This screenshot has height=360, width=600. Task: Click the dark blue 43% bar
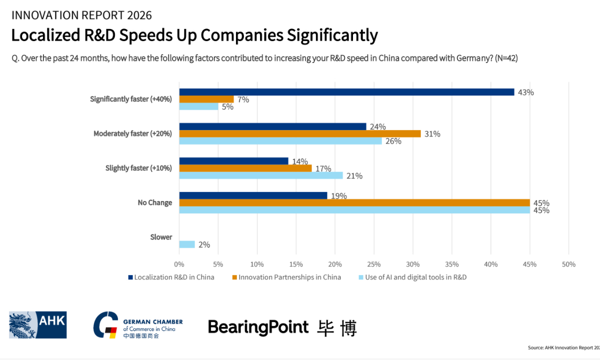(x=346, y=92)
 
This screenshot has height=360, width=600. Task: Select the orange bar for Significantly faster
(x=206, y=99)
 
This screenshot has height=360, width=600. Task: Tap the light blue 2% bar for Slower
(x=187, y=244)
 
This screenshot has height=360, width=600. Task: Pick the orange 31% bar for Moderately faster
(x=300, y=133)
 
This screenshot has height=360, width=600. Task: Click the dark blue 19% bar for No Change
(x=253, y=195)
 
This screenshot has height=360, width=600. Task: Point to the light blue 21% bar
(x=261, y=175)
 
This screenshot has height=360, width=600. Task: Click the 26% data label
(x=392, y=141)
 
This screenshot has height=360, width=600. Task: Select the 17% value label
(x=322, y=168)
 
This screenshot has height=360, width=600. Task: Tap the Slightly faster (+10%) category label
(x=138, y=168)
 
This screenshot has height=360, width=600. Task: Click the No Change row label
(x=155, y=202)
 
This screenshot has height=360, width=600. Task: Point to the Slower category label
(x=161, y=237)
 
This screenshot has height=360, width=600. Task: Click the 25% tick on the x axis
(x=373, y=264)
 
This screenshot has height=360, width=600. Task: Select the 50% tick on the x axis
(x=568, y=264)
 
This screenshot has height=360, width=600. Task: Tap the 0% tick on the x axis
(x=179, y=264)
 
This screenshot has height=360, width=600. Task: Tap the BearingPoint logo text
(x=258, y=327)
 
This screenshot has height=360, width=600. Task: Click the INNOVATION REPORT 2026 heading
(x=81, y=15)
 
